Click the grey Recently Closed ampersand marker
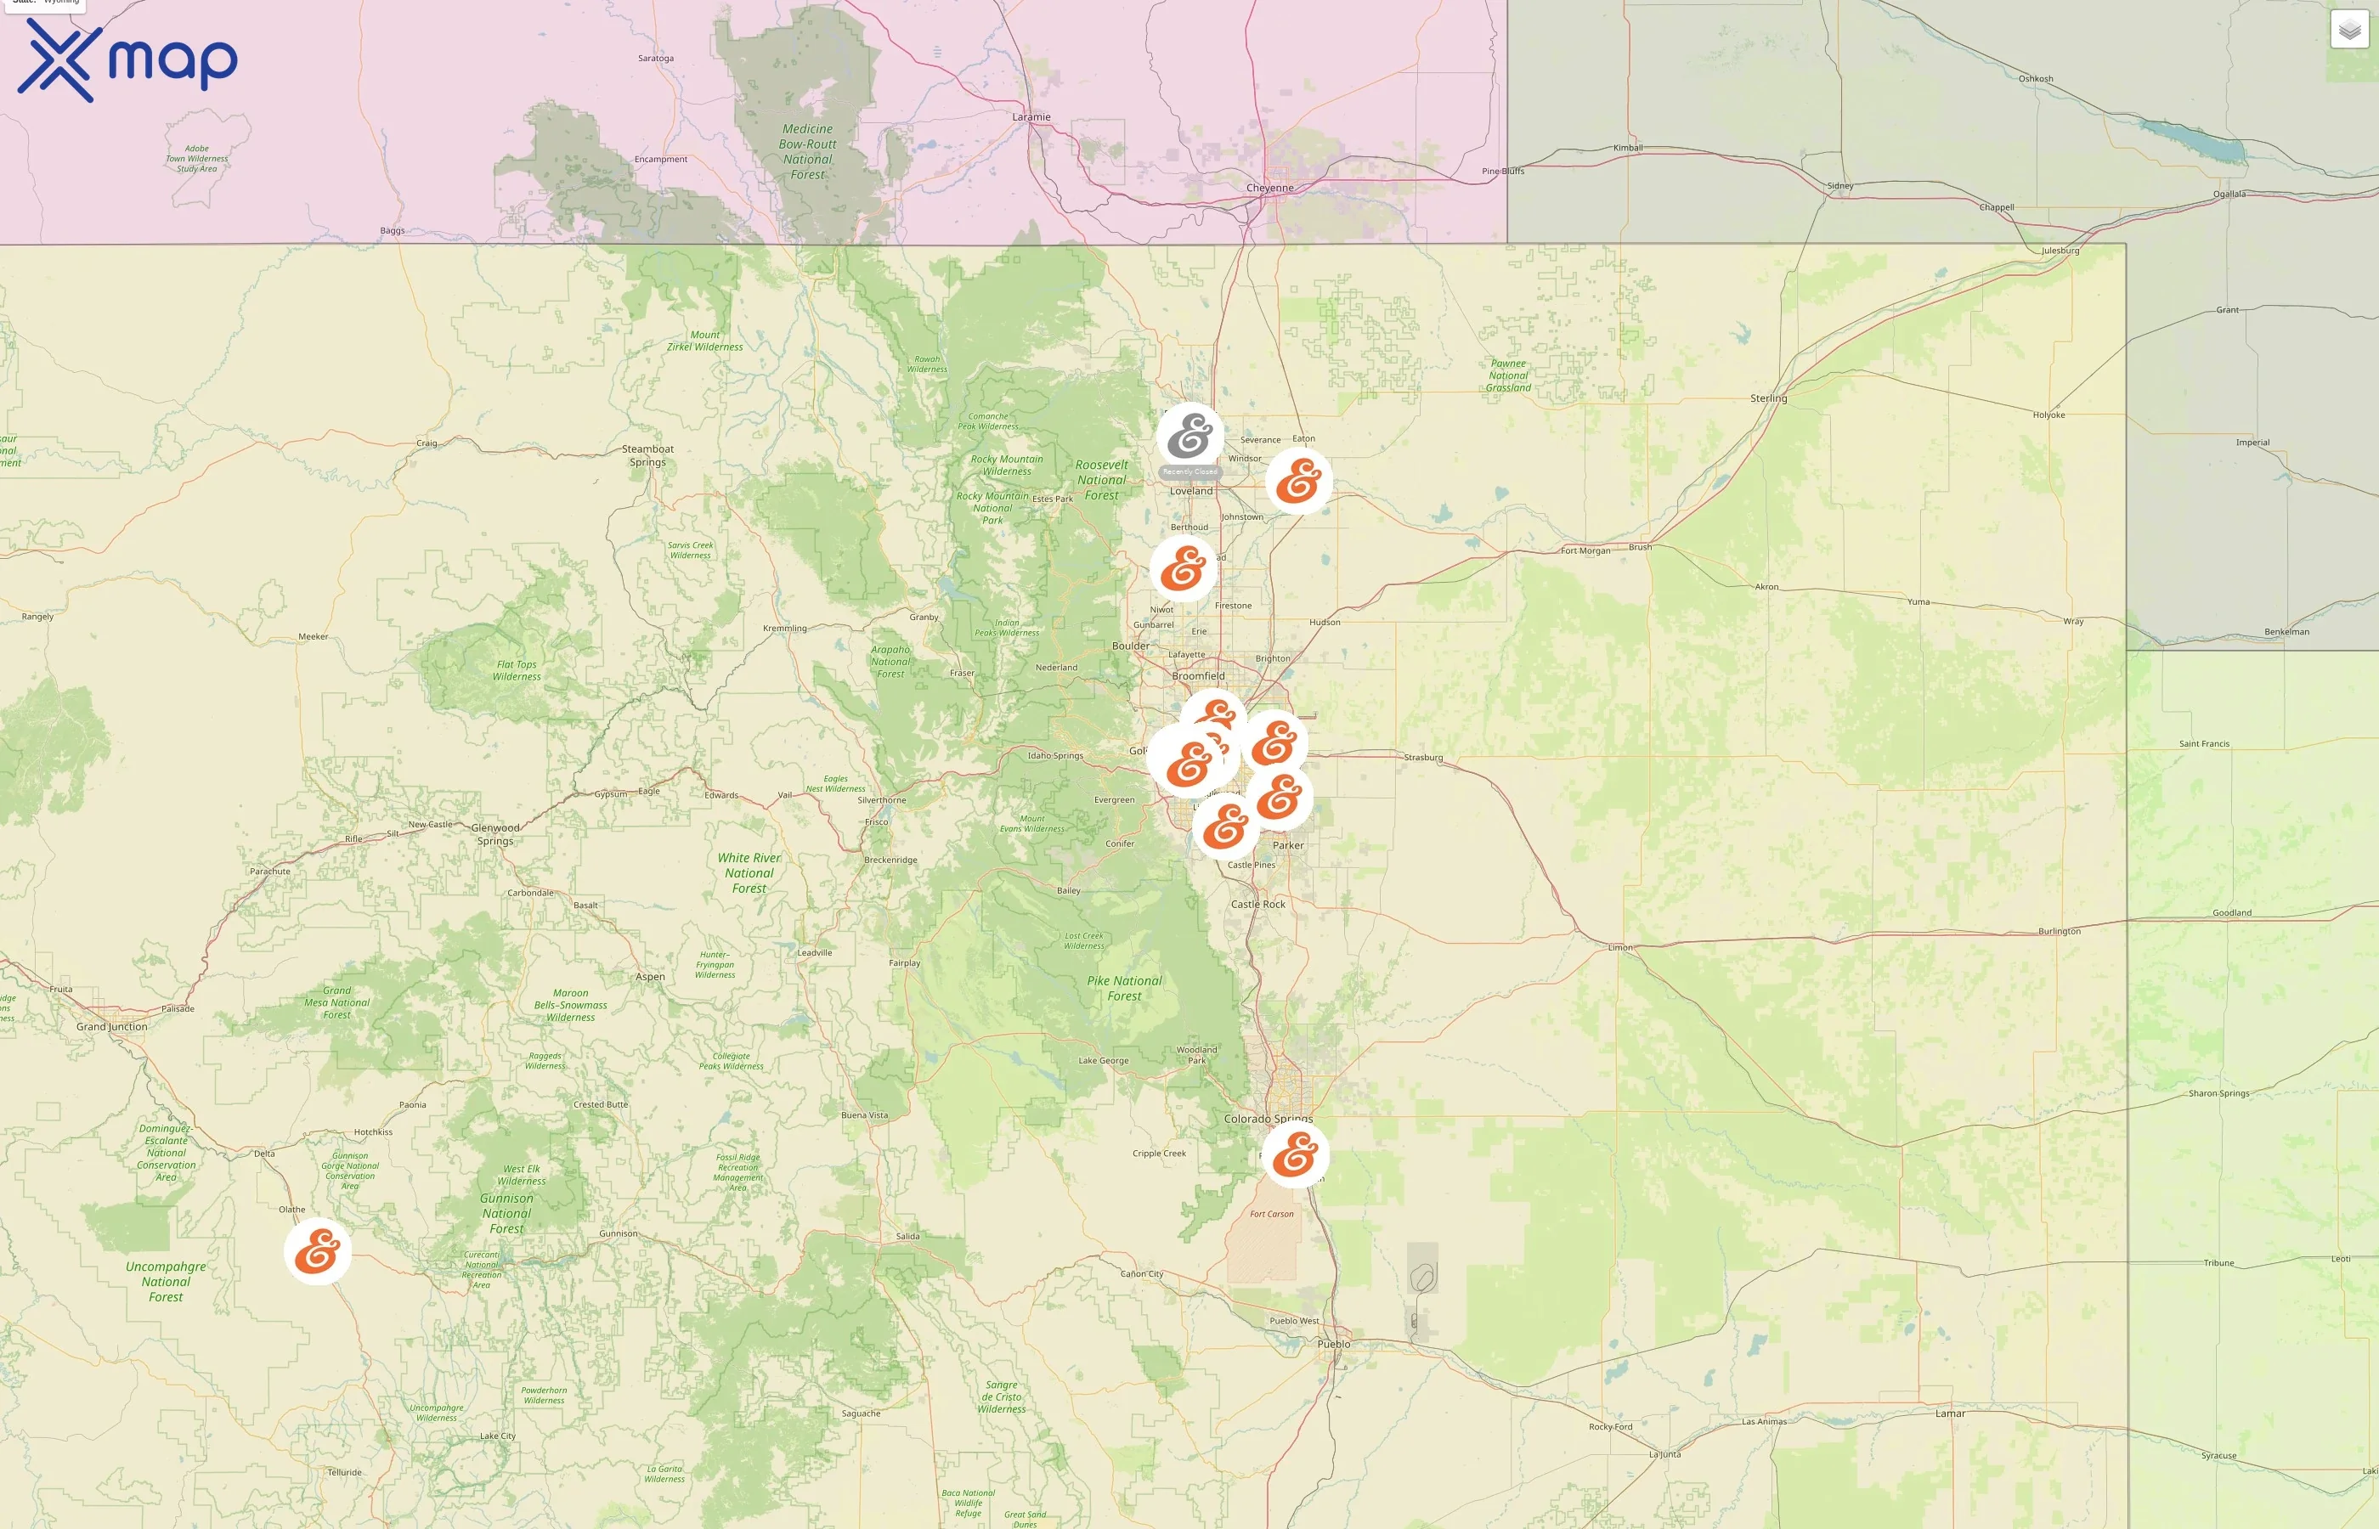(1189, 437)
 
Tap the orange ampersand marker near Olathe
(318, 1251)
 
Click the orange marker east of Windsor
(1297, 482)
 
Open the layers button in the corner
(2349, 30)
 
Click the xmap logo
(127, 59)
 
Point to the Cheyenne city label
(1270, 188)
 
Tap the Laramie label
(1031, 117)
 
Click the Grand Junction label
(111, 1027)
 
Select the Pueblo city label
(1333, 1345)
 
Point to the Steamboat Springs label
(647, 454)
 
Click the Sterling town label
(1768, 398)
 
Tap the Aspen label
(650, 977)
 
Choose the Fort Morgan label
(1585, 551)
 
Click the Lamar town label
(1950, 1413)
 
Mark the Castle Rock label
(1258, 905)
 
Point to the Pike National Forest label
(1124, 988)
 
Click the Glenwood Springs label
(495, 834)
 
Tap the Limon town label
(1619, 947)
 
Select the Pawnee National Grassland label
(1508, 375)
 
